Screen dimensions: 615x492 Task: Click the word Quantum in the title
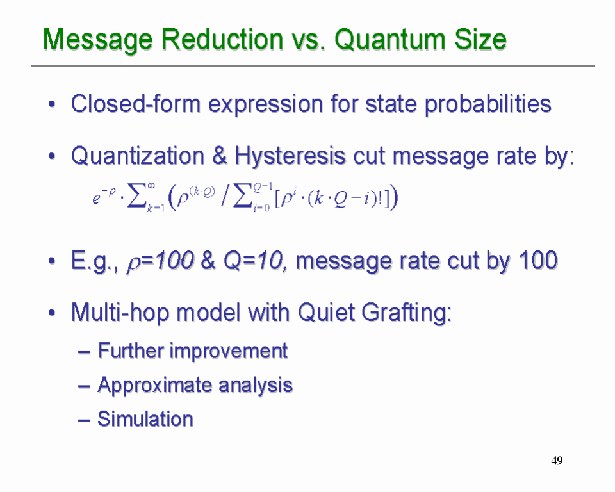coord(390,40)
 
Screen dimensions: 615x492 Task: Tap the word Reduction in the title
coord(222,39)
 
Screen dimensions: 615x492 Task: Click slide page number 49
coord(557,460)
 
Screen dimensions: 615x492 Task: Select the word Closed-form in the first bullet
coord(136,104)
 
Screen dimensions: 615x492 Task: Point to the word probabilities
coord(488,104)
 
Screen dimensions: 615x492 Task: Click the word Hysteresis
coord(290,156)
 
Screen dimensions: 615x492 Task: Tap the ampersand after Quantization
coord(220,156)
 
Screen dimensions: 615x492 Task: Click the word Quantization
coord(138,156)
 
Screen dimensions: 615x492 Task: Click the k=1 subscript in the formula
coord(156,208)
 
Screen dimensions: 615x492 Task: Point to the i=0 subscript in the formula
coord(261,208)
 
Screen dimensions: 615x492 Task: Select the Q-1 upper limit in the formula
coord(263,188)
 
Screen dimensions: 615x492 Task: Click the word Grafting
coord(406,313)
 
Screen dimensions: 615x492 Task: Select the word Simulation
coord(145,418)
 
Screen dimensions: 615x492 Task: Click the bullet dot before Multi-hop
coord(52,313)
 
